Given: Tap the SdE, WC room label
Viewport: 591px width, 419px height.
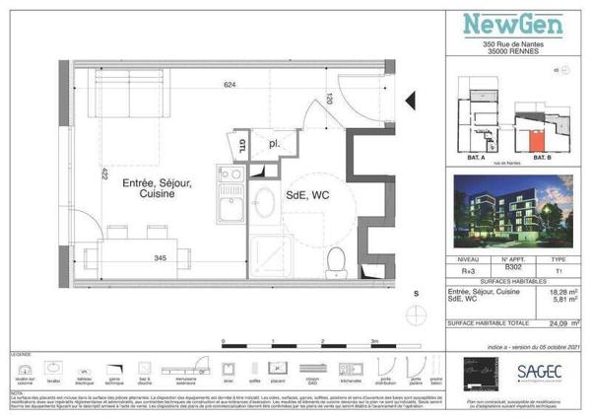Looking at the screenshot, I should pos(306,195).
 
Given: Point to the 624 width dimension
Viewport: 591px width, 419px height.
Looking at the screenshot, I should pos(230,86).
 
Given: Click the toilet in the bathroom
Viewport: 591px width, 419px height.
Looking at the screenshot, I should pos(335,260).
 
